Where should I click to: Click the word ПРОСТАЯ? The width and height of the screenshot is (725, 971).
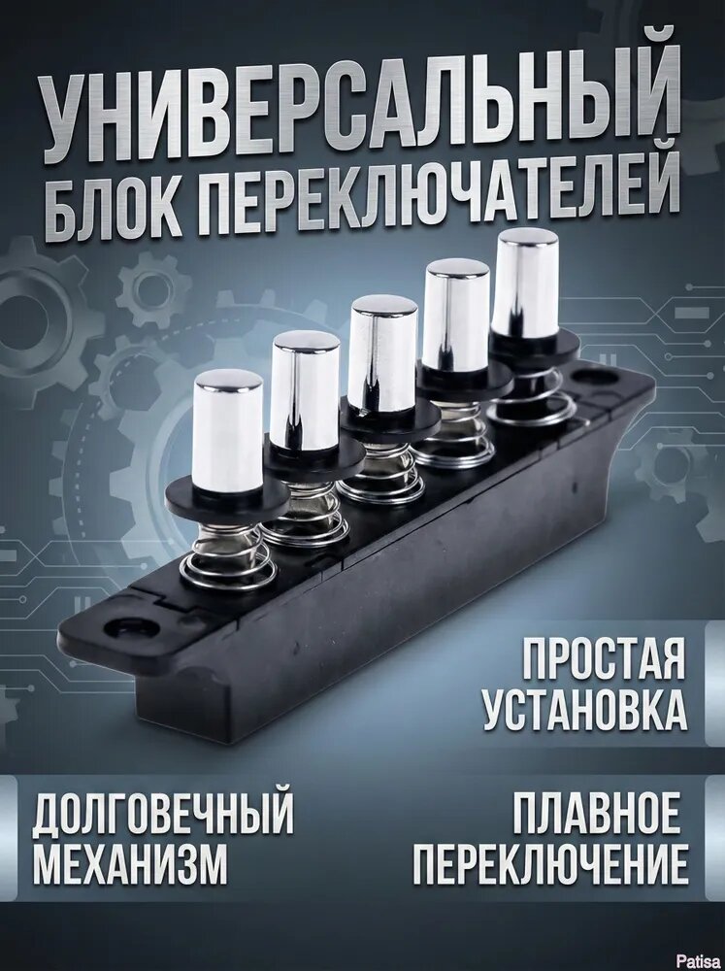click(x=604, y=663)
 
